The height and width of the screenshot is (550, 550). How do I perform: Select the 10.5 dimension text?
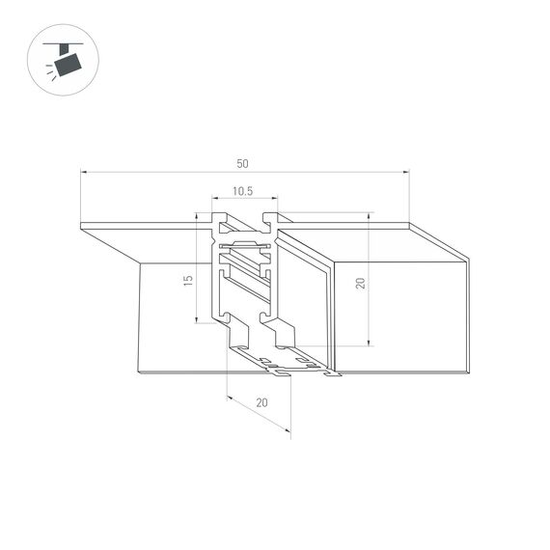(243, 191)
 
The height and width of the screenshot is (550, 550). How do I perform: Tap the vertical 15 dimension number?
(188, 280)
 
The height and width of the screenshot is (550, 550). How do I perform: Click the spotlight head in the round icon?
(67, 66)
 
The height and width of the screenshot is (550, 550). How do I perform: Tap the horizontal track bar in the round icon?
(64, 44)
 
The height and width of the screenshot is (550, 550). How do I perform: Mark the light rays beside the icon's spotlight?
(49, 69)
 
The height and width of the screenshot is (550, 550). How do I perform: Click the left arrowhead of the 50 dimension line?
(83, 173)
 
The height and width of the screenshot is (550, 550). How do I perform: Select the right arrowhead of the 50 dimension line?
(406, 173)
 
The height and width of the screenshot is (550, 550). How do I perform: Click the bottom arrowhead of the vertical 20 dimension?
(369, 343)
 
